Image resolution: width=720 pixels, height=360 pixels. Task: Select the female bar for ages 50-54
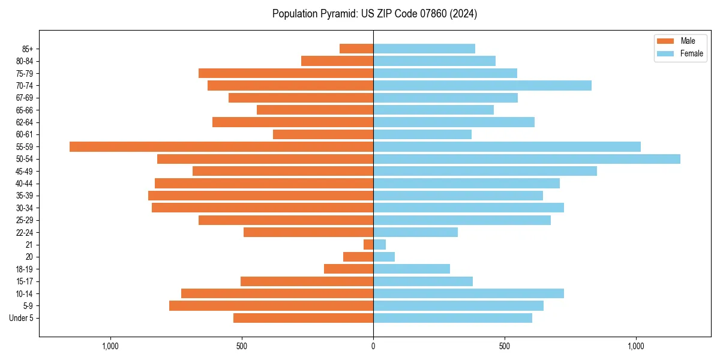tap(526, 159)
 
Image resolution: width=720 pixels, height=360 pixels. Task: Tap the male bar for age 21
tap(368, 244)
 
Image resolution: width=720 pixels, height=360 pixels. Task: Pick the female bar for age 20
tap(384, 257)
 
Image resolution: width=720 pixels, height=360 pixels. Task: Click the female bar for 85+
tap(424, 49)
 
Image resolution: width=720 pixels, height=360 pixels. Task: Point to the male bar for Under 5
tap(303, 318)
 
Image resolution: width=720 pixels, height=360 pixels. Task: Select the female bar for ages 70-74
tap(482, 85)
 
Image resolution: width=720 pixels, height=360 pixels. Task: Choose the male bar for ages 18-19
tap(349, 269)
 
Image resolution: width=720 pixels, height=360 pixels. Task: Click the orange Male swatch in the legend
tap(665, 41)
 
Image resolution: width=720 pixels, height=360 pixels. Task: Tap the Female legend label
tap(692, 53)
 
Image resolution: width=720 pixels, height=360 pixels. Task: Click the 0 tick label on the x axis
tap(373, 346)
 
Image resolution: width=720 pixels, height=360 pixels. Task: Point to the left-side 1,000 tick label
tap(110, 346)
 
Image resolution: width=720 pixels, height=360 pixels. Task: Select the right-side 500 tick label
tap(504, 346)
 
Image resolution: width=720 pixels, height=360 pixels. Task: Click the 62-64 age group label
tap(24, 122)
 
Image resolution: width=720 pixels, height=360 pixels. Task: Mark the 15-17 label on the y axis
tap(24, 281)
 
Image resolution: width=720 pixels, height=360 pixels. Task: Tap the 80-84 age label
tap(24, 61)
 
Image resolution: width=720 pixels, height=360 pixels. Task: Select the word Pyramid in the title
tap(338, 14)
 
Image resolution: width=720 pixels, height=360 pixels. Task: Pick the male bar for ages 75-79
tap(286, 73)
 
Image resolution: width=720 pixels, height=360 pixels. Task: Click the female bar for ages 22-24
tap(415, 232)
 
